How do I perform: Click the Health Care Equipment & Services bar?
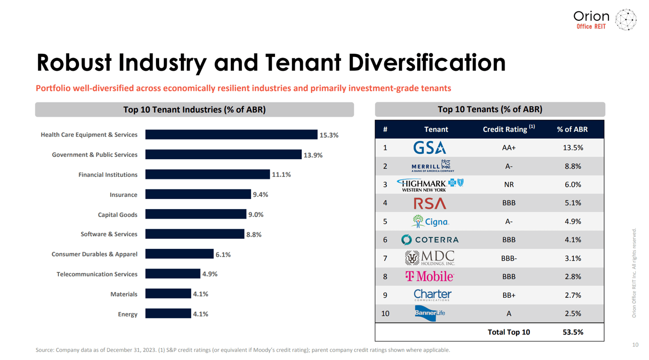231,135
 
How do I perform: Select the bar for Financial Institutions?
207,174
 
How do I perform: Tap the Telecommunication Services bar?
172,274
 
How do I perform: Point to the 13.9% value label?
313,155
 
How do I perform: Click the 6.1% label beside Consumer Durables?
223,254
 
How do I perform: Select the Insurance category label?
123,195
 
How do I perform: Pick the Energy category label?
128,314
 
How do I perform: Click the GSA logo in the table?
429,148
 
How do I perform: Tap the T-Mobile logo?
430,277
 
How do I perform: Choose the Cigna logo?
430,221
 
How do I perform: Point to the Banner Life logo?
430,313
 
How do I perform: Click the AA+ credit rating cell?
509,148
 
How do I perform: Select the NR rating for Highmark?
509,185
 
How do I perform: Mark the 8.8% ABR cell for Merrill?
573,166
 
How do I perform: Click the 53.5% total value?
573,332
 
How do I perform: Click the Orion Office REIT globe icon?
626,20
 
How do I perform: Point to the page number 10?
635,345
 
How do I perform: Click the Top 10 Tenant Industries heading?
194,110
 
